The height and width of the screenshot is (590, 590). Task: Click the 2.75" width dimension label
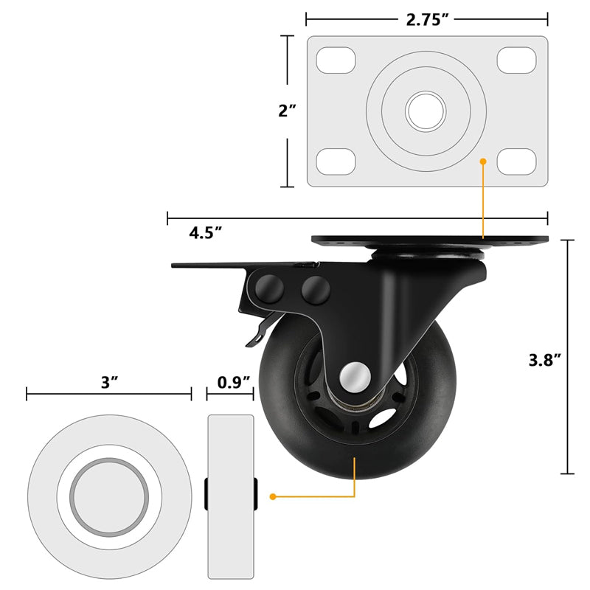427,19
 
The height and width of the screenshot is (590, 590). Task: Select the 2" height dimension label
287,111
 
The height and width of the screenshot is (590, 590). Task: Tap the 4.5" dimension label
206,233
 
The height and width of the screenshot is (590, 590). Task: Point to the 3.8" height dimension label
545,360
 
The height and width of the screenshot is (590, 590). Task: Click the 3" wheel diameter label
109,382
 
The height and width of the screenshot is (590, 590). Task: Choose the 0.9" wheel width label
234,382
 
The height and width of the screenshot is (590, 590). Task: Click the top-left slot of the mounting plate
336,60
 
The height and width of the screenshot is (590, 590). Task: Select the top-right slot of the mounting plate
516,60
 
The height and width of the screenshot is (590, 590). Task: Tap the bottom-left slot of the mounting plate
336,162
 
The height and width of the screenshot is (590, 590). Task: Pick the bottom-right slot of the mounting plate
516,162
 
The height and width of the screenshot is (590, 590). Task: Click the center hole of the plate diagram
426,111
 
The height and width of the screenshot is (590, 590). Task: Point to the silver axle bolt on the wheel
355,378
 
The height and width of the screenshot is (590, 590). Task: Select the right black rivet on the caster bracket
316,288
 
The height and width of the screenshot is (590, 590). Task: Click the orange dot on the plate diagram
483,161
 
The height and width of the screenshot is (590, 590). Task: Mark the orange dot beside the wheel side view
273,496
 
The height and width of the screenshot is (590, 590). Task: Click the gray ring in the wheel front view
109,496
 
